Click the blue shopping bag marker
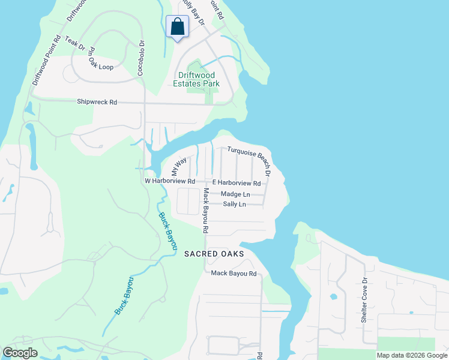177,27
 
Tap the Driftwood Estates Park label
198,80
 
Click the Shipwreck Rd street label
97,102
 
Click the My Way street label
179,164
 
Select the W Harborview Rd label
170,181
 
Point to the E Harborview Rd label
237,183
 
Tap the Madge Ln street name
235,194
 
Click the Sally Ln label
234,205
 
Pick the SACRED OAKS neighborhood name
214,254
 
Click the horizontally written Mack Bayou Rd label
234,274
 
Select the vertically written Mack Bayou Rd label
205,211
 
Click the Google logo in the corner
20,353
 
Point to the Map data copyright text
411,355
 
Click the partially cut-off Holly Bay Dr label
190,11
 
